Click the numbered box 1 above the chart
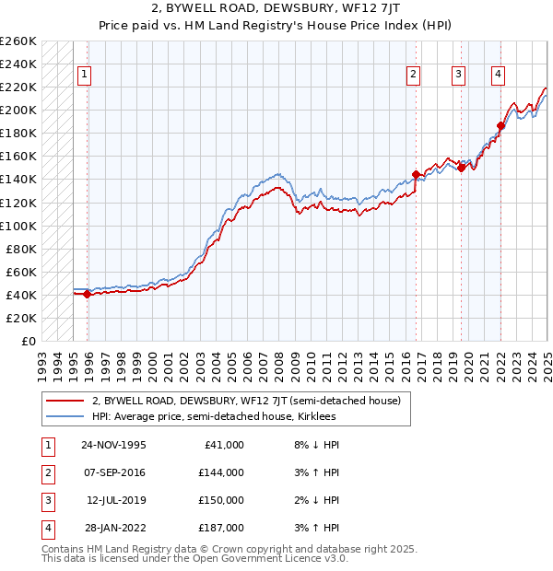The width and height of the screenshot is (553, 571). point(84,76)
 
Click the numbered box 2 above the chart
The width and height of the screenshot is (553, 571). point(413,76)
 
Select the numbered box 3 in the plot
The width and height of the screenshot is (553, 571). point(458,76)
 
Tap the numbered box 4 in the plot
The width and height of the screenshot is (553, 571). point(498,76)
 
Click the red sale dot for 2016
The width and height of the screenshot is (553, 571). point(416,174)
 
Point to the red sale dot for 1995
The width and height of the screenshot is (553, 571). point(88,294)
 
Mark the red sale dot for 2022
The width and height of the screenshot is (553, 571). point(500,125)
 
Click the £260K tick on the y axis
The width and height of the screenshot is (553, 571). point(18,41)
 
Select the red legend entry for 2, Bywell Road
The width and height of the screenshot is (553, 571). point(245,401)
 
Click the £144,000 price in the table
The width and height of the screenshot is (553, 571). point(221,472)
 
